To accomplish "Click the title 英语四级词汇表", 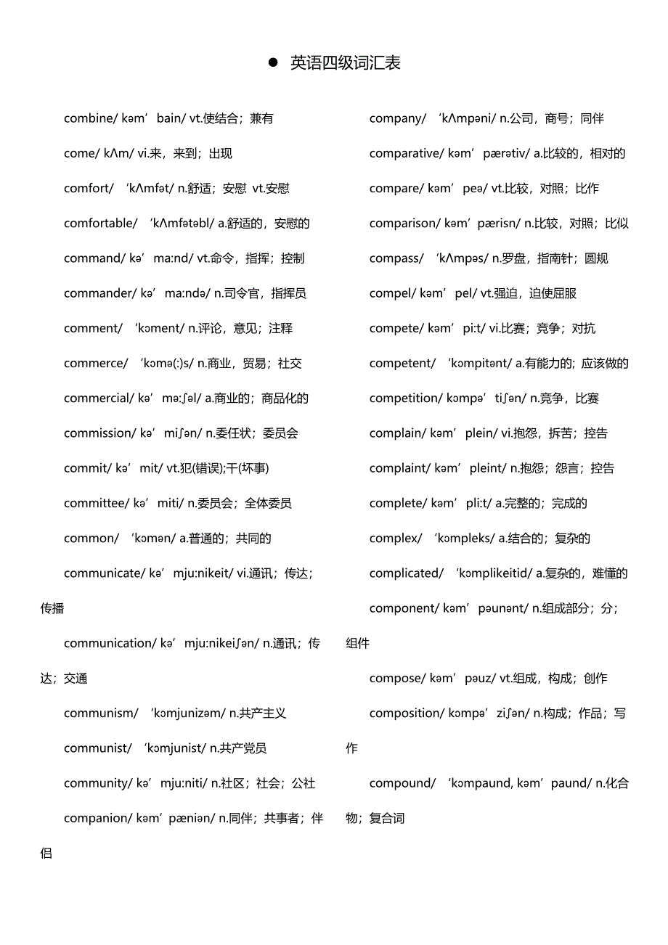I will pos(346,63).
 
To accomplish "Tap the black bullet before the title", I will pos(274,62).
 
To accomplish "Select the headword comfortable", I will pos(99,224).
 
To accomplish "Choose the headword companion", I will pos(95,818).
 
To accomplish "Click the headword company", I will pos(396,118).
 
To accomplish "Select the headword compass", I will pos(394,258).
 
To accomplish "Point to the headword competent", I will pos(400,363).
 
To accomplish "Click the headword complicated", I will pos(404,573).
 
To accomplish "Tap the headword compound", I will pos(400,783).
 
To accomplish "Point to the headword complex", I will pos(394,539).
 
